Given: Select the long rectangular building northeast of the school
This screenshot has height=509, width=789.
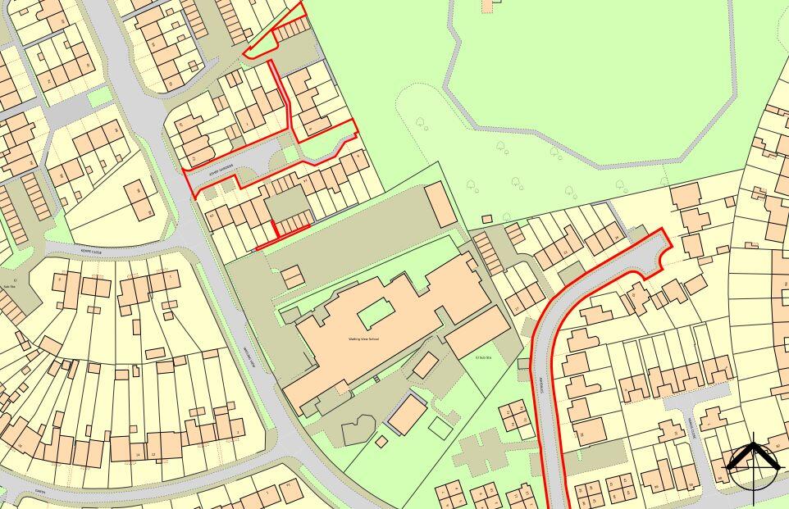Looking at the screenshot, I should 440,204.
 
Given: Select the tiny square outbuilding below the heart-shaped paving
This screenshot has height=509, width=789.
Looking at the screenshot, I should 381,442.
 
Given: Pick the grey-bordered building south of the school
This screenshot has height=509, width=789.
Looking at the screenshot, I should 406,414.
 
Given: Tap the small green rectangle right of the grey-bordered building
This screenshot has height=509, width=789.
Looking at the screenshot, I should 440,429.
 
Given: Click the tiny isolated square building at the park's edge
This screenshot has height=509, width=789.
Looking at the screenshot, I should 486,219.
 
